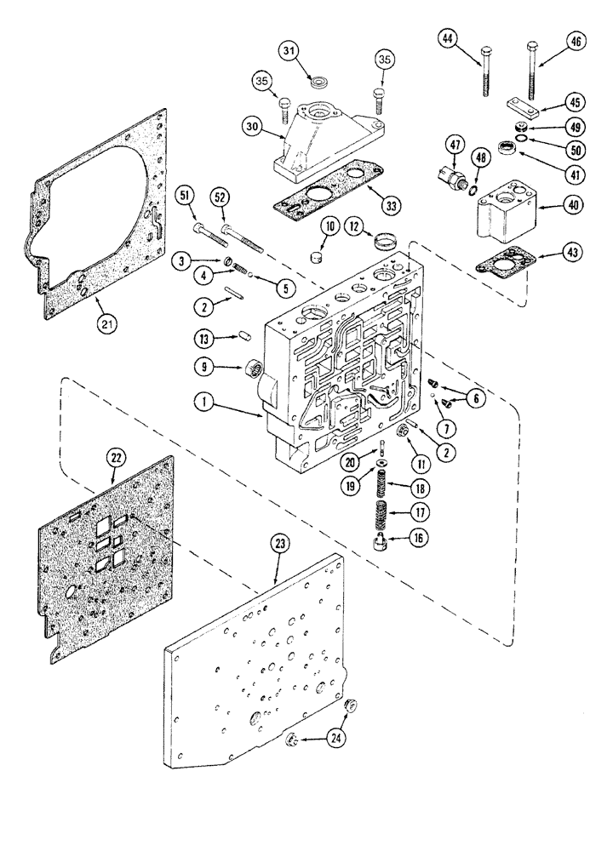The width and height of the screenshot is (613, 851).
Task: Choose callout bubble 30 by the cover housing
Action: click(251, 127)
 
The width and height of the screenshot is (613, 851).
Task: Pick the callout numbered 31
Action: click(291, 53)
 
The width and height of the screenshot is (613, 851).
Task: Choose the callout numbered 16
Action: click(418, 538)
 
